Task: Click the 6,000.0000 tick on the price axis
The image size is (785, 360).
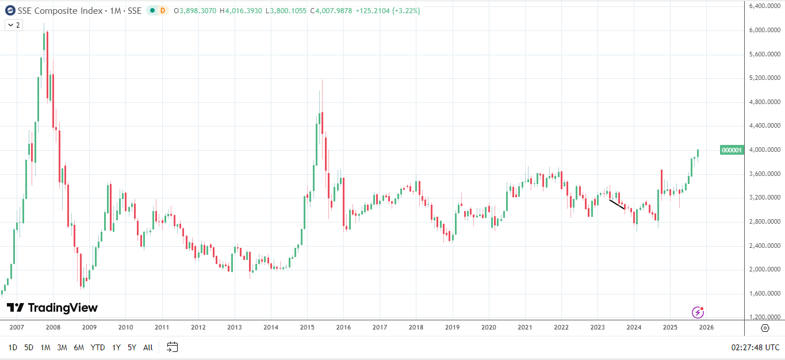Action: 764,30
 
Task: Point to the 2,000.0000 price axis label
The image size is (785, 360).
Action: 764,270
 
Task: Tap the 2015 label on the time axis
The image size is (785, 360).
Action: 307,327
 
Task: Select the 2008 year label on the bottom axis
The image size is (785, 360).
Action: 53,327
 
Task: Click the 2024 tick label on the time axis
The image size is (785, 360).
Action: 634,327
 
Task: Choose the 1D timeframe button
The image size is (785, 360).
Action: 13,347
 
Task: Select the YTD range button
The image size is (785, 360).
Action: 98,347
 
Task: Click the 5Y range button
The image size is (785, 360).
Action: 132,347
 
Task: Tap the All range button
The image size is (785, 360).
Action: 148,347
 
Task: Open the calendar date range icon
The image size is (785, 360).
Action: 173,347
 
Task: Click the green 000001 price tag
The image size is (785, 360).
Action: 732,150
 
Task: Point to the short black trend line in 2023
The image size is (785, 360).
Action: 617,204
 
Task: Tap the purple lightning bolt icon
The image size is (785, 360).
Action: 698,312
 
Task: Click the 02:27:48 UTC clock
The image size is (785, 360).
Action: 755,347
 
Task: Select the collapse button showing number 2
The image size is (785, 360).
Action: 13,25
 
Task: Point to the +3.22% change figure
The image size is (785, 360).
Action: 406,10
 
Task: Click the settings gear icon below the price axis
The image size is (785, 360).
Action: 765,328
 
